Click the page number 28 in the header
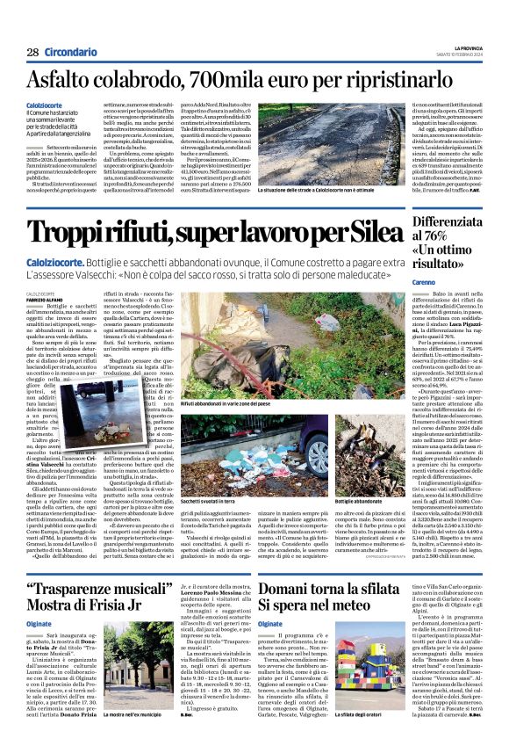coord(32,52)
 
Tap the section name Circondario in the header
coord(70,52)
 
